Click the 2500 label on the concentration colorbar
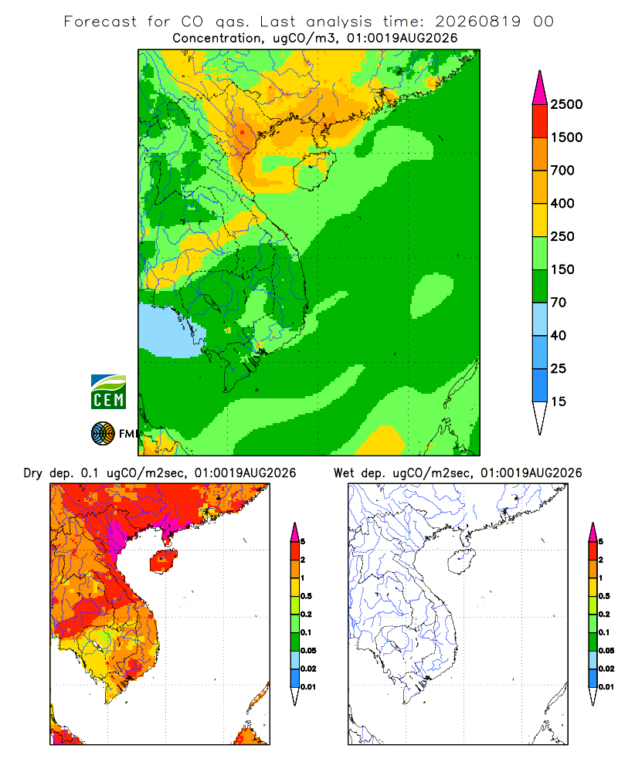click(x=566, y=104)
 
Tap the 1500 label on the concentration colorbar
click(x=566, y=137)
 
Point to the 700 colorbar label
click(x=562, y=171)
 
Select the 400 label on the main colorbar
click(x=562, y=203)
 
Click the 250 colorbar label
click(x=562, y=236)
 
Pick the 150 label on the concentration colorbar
click(x=562, y=269)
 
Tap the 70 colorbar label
click(x=559, y=303)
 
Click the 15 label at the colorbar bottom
click(x=559, y=401)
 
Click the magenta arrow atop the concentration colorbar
click(x=540, y=88)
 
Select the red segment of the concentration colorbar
click(x=540, y=121)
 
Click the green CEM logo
click(x=108, y=392)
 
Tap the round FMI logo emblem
click(x=103, y=434)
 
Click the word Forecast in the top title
click(x=100, y=22)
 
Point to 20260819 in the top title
click(x=477, y=22)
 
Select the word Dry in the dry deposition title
click(x=32, y=473)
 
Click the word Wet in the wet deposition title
click(x=344, y=473)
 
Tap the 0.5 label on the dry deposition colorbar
click(x=306, y=596)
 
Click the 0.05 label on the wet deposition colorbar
click(x=606, y=651)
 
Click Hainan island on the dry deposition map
click(x=164, y=560)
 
